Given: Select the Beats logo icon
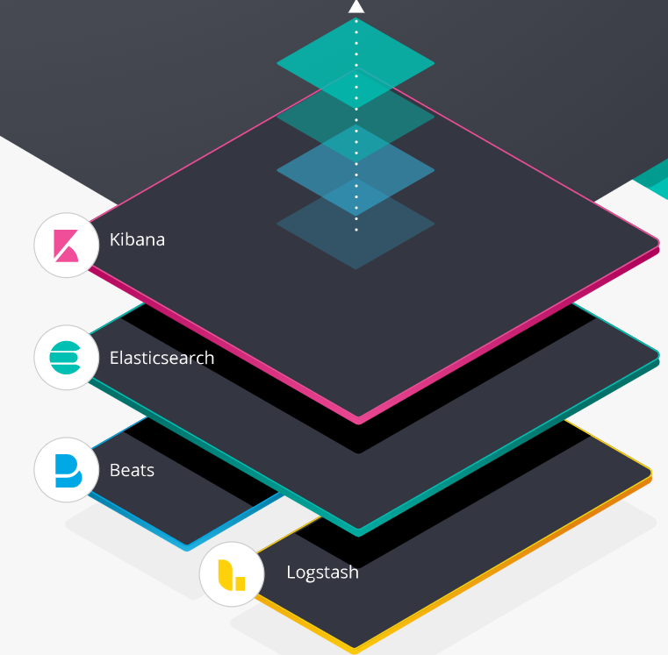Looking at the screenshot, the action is tap(66, 470).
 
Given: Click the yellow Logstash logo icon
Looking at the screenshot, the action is tap(231, 573).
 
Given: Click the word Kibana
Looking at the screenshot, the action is tap(137, 239).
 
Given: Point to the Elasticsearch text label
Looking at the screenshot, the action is tap(162, 358).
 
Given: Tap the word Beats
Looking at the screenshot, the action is tap(132, 470).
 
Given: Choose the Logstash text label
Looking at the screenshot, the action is tap(322, 573).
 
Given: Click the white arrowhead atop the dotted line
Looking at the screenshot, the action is tap(356, 6).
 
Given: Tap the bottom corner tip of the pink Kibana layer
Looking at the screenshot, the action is tap(357, 419).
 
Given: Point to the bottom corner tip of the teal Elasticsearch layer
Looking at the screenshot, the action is tap(357, 530).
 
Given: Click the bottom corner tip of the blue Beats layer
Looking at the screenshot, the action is tap(186, 546).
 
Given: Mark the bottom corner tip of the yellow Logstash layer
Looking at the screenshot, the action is tap(355, 650).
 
